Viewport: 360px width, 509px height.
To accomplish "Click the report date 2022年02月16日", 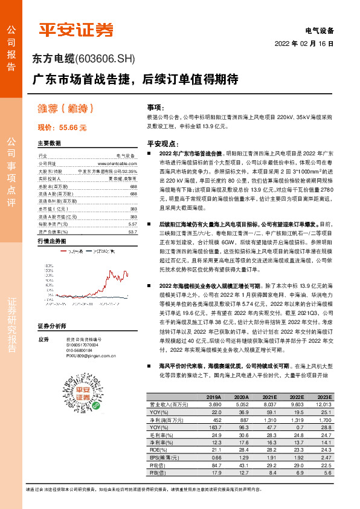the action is (304, 44).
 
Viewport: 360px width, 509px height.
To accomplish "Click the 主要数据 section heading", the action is (50, 144).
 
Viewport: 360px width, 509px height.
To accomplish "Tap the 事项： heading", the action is (156, 105).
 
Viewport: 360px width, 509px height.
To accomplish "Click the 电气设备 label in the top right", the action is (320, 30).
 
